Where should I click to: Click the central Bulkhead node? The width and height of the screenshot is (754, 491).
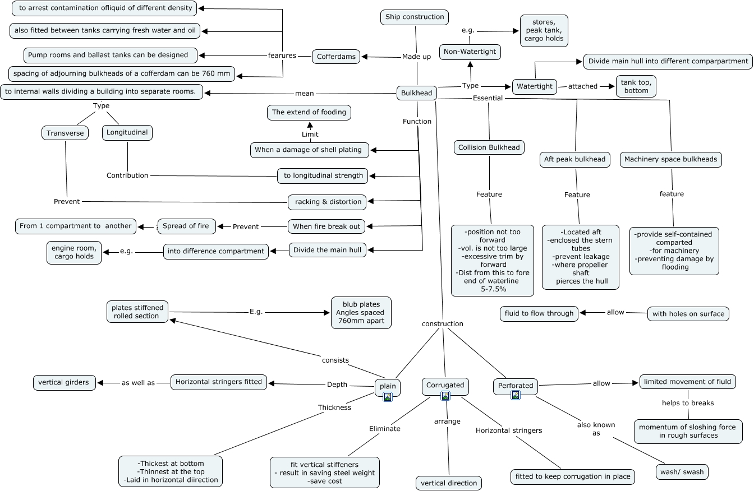point(417,94)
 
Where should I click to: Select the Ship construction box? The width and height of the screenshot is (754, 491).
point(415,17)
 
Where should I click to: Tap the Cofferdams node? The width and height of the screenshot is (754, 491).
point(337,57)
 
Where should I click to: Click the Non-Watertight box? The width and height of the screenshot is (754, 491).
point(470,52)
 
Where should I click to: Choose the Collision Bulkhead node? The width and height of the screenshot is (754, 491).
point(489,147)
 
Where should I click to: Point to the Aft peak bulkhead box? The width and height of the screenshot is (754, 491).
point(575,159)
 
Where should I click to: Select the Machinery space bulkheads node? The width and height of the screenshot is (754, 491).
point(670,159)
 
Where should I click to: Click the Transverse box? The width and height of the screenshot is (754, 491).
point(65,133)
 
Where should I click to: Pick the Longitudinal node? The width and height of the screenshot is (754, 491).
point(127,133)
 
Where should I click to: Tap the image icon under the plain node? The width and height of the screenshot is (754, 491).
point(388,397)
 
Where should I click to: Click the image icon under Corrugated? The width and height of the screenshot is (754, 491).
point(445,396)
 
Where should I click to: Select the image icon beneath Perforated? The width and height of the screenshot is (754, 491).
point(516,395)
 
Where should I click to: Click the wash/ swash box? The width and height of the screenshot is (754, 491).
point(682,472)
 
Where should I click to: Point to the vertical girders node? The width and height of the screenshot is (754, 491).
point(64,382)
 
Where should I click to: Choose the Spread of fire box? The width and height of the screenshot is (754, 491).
point(186,226)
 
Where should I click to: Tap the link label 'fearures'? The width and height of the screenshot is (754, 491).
point(282,55)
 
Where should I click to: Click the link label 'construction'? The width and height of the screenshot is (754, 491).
point(443,323)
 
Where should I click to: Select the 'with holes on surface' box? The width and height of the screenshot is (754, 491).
point(688,314)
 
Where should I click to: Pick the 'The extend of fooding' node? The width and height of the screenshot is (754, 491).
point(309,113)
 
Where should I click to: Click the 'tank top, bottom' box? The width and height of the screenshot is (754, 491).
point(636,86)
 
